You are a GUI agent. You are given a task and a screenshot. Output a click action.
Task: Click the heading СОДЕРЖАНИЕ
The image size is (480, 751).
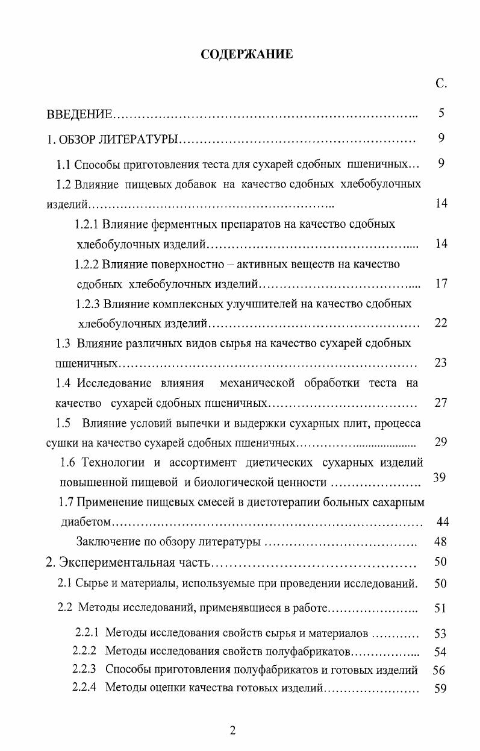click(x=247, y=55)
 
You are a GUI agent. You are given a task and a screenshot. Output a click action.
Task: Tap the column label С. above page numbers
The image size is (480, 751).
click(x=441, y=84)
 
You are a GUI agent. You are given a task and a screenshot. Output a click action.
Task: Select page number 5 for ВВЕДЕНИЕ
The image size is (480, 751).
click(x=441, y=112)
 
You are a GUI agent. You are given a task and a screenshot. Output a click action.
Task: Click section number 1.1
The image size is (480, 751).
click(x=64, y=165)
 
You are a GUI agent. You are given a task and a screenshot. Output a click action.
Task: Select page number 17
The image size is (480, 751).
click(x=441, y=283)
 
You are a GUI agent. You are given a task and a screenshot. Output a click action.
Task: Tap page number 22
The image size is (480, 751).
click(x=441, y=323)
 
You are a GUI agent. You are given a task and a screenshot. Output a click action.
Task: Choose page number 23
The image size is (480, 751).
click(x=441, y=363)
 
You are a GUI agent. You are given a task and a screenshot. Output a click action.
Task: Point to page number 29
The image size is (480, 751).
click(x=441, y=442)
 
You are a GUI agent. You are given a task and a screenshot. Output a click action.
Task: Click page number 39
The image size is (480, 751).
click(x=439, y=478)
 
